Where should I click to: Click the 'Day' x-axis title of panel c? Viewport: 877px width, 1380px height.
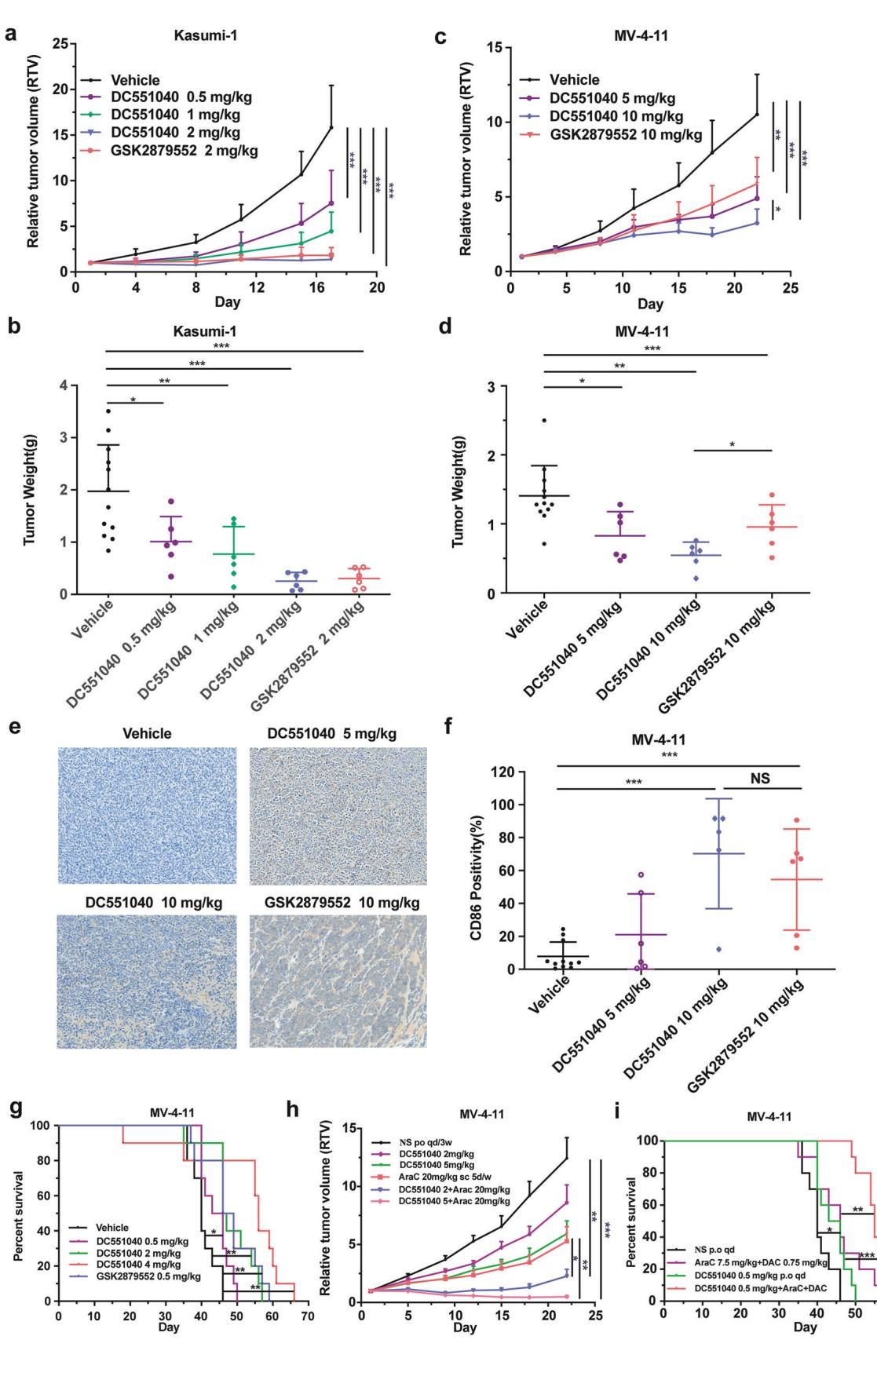[x=649, y=304]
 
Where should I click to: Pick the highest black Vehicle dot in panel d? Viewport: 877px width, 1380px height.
[x=544, y=420]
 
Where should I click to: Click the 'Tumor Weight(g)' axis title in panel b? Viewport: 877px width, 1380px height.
[x=29, y=490]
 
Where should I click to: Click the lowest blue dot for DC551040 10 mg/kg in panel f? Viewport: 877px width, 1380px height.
[x=718, y=949]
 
